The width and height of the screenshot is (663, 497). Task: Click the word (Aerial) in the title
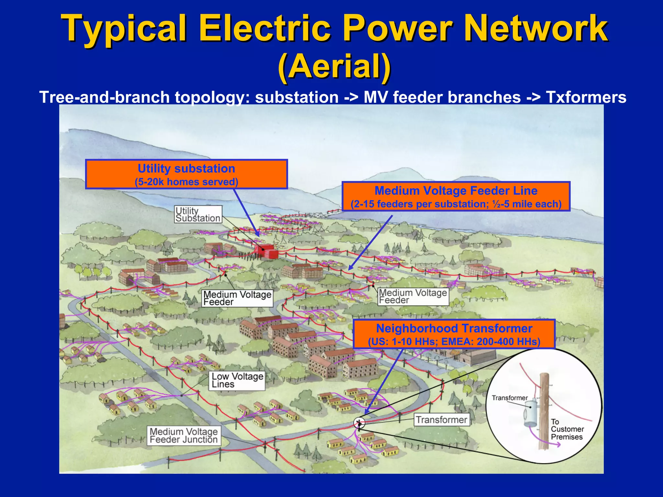pos(334,66)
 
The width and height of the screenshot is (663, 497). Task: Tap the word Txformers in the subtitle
pos(586,97)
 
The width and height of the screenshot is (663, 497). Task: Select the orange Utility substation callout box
pos(186,174)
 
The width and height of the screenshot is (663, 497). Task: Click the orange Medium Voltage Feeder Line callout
pos(456,197)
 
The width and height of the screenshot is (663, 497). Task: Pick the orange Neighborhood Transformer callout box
pos(454,334)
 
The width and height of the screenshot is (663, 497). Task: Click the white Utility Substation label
pos(198,214)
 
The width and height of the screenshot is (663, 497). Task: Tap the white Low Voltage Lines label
pos(237,380)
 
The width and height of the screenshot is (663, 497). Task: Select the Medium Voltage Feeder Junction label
pos(184,436)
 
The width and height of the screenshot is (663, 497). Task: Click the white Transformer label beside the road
pos(442,420)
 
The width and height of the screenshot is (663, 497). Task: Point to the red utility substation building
pos(266,251)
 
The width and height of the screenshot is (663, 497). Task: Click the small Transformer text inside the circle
pos(510,398)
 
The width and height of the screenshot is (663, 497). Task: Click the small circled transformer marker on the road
pos(359,423)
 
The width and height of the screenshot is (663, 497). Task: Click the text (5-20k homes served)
pos(186,182)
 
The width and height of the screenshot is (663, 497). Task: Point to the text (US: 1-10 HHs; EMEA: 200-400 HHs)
pos(454,342)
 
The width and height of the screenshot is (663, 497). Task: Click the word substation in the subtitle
pos(297,97)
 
